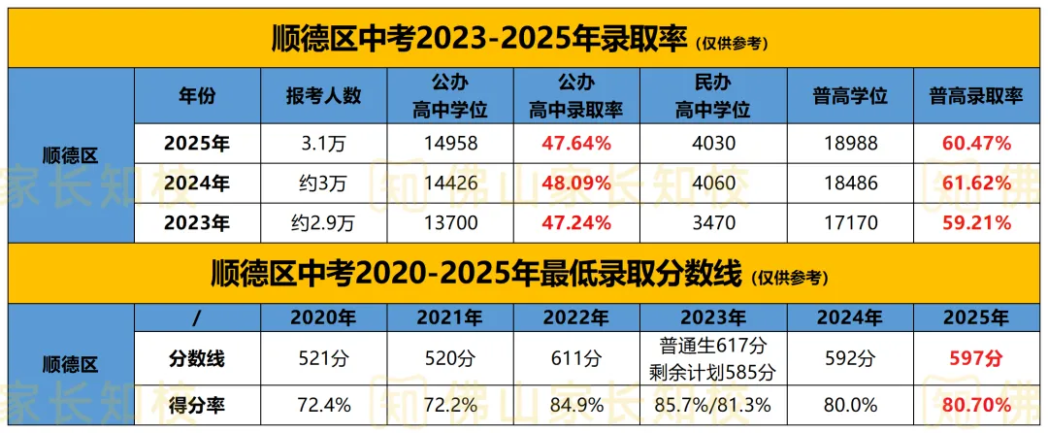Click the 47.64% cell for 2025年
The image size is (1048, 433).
(x=575, y=144)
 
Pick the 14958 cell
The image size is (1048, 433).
(x=450, y=144)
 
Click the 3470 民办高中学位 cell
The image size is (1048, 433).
(x=712, y=222)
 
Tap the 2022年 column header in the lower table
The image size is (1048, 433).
(x=575, y=317)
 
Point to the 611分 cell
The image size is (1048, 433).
(x=575, y=359)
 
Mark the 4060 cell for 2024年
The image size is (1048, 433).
(x=712, y=183)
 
